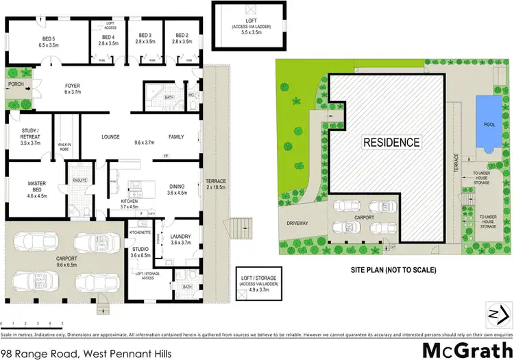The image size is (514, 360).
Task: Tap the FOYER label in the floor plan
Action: [x=72, y=88]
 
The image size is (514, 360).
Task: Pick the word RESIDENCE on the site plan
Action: [x=391, y=143]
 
